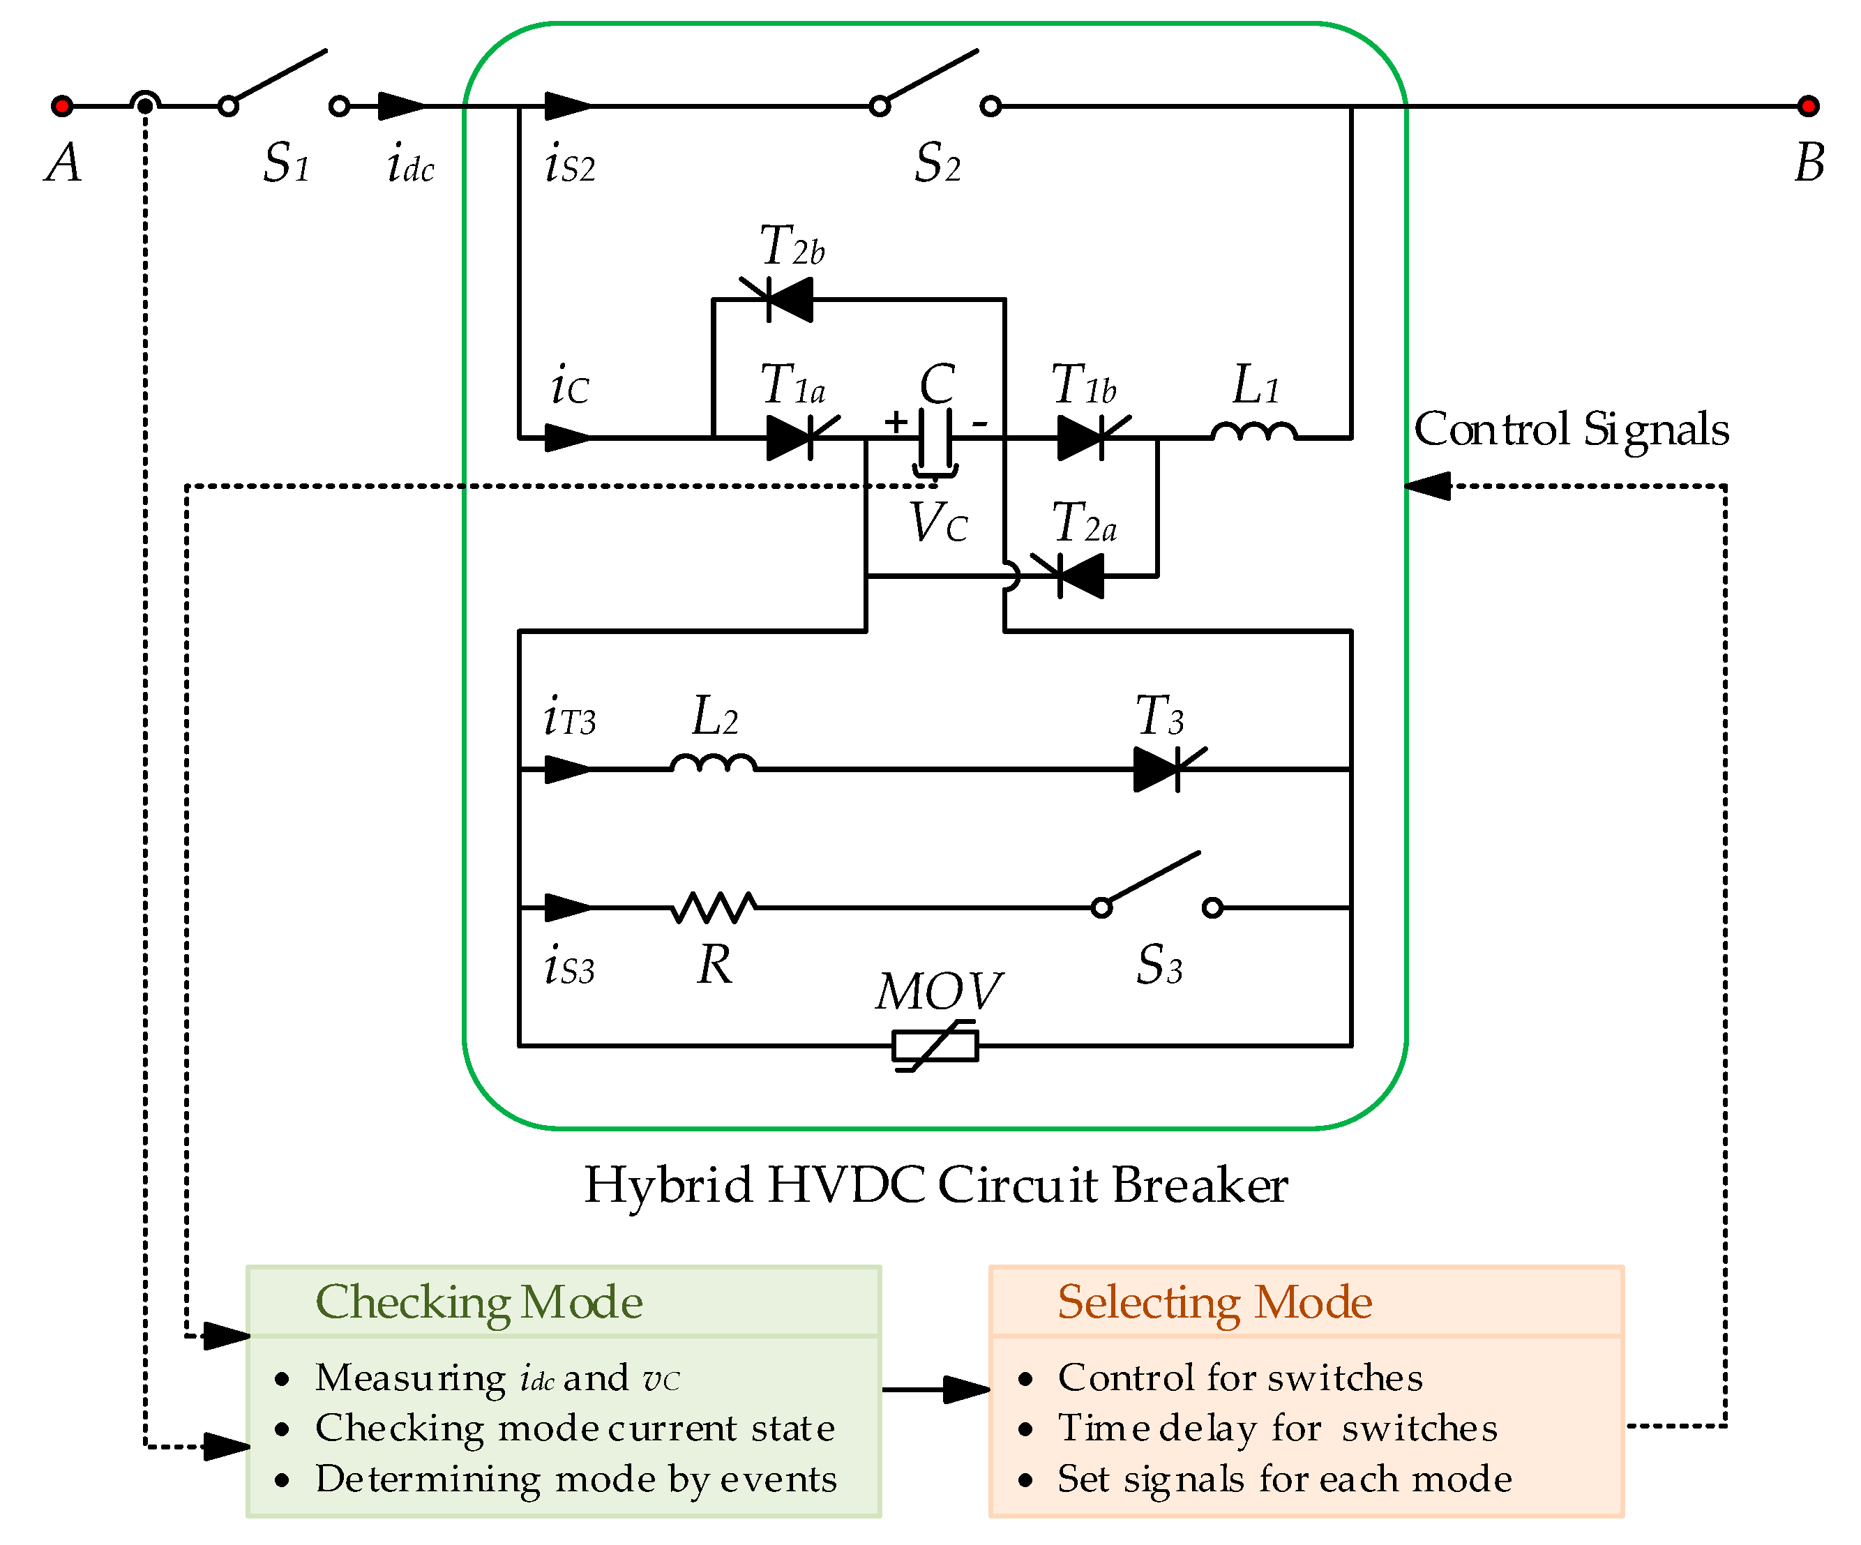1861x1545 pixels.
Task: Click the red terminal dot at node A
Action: tap(61, 106)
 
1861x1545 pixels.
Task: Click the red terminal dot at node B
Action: tap(1808, 106)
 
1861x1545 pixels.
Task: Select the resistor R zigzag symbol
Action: tap(714, 907)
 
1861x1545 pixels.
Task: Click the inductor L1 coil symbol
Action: tap(1254, 432)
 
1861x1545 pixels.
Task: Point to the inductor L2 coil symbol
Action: tap(714, 764)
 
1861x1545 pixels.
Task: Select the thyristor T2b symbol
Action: tap(780, 300)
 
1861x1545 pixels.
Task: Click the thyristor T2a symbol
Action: tap(1072, 576)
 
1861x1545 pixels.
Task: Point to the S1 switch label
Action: tap(286, 163)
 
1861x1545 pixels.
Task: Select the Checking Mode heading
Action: tap(479, 1303)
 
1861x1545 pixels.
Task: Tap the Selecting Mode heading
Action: tap(1214, 1303)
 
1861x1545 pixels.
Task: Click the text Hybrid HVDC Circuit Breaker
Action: tap(935, 1185)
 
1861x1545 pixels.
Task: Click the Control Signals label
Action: tap(1570, 430)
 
